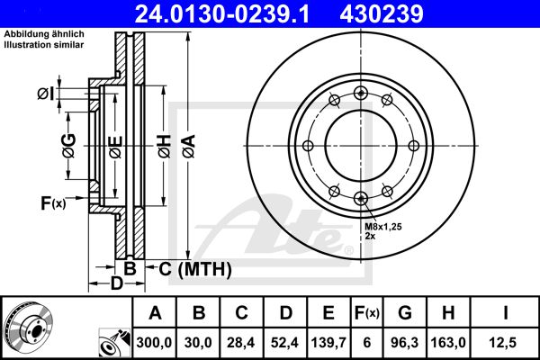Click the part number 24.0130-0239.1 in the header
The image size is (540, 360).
[x=222, y=13]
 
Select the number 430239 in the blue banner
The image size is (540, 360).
[x=382, y=13]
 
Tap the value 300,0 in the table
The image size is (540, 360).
[x=154, y=342]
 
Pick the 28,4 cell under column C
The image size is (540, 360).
[x=241, y=342]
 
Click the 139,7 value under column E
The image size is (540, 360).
[x=328, y=342]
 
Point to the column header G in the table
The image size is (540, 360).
[x=405, y=313]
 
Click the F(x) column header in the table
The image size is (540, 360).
[x=367, y=313]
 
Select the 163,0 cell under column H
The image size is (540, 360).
[x=448, y=342]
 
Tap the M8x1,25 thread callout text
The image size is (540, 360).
[x=383, y=227]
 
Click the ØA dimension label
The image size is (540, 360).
[x=189, y=147]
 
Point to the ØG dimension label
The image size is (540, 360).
[x=69, y=146]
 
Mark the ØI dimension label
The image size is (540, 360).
[x=46, y=94]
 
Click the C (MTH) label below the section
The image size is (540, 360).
[x=195, y=269]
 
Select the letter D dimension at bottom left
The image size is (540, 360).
[x=116, y=283]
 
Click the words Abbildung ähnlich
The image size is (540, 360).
[x=44, y=34]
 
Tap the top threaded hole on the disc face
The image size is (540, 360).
[x=361, y=93]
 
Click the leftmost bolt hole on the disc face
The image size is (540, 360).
[x=308, y=146]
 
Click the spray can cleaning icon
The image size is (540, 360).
[x=114, y=343]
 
